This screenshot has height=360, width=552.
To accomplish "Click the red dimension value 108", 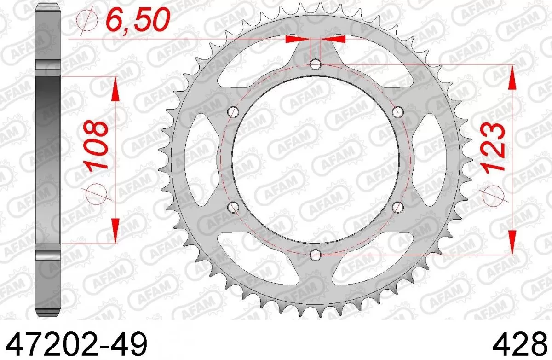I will click(x=97, y=145).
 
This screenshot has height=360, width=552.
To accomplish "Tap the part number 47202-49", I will click(x=75, y=343).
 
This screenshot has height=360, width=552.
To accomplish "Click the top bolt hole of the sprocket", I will click(x=315, y=64).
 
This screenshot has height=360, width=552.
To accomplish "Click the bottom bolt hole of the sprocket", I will click(x=315, y=254).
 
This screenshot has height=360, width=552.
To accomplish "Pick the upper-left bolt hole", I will click(x=234, y=112).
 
